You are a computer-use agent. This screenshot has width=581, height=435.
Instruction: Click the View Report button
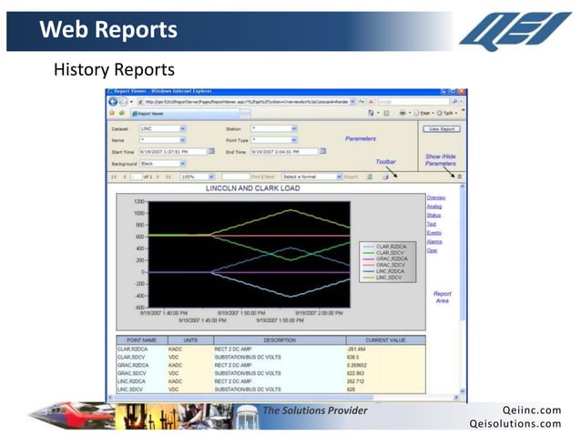443,130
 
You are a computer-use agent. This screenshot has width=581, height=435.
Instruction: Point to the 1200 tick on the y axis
139,201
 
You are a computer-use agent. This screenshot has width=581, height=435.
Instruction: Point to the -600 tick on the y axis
139,307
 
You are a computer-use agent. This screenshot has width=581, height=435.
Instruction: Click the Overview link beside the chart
435,197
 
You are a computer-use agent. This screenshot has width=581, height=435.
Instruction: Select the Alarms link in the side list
433,241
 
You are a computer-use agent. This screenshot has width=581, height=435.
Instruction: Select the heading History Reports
114,69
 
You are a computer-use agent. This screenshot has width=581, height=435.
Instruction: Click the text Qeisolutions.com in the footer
515,423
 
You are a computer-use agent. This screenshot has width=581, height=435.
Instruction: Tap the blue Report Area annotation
442,298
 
